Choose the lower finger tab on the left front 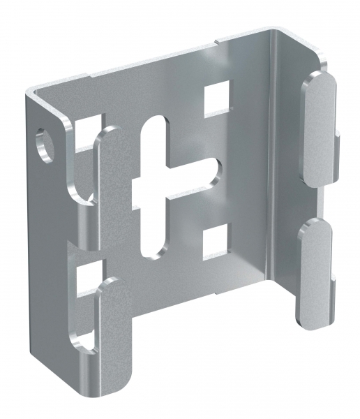pyautogui.click(x=112, y=328)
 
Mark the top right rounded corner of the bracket pyautogui.click(x=276, y=31)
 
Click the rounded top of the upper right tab pyautogui.click(x=317, y=77)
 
